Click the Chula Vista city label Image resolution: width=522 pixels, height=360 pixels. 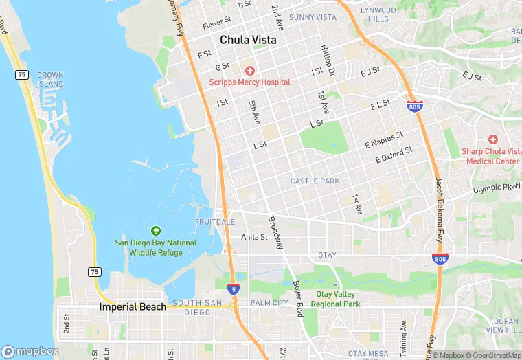tap(248, 41)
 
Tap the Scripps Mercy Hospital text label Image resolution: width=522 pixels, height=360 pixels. tap(249, 82)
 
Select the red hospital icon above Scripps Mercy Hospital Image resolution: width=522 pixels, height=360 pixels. tap(249, 71)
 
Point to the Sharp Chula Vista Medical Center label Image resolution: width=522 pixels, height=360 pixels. tap(492, 156)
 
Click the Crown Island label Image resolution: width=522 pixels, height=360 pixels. tap(50, 79)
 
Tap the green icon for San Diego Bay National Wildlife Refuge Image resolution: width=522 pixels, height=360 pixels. tap(155, 231)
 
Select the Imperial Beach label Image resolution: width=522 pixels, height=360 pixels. tap(133, 307)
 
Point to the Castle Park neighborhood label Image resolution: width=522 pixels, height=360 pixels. tap(315, 181)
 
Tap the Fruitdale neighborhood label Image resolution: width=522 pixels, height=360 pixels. tap(214, 222)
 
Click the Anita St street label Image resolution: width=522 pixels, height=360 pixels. tap(254, 237)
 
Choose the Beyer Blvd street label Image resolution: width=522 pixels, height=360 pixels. tap(298, 293)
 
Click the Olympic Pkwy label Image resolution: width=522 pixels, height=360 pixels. tap(497, 188)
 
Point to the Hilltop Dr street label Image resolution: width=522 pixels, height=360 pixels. tap(328, 60)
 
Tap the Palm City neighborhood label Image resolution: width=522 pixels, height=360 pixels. tap(269, 302)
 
